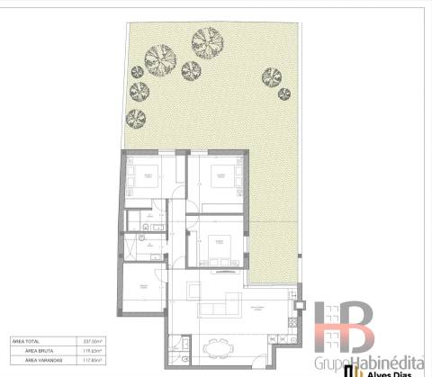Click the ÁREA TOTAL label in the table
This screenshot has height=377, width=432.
(x=23, y=342)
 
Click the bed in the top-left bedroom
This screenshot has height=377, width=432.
(x=144, y=175)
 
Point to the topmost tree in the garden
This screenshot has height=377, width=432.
(x=206, y=40)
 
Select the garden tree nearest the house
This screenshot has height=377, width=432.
(x=137, y=117)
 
